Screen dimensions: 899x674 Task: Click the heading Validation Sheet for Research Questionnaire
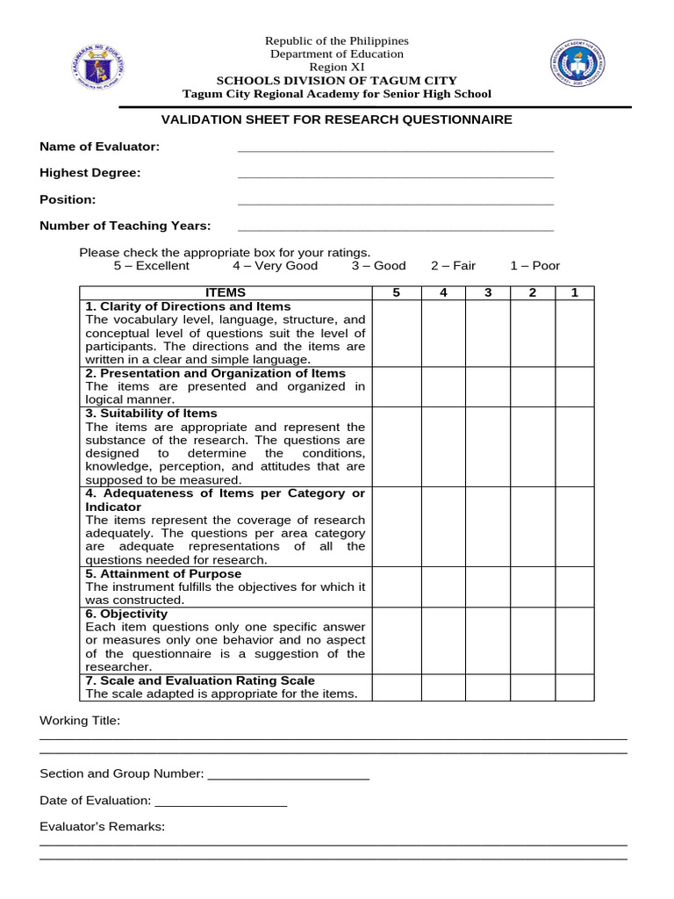pyautogui.click(x=337, y=119)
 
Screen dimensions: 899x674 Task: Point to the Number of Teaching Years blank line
pyautogui.click(x=395, y=228)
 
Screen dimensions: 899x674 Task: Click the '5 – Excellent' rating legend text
pyautogui.click(x=151, y=266)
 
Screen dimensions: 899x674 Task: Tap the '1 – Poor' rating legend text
pyautogui.click(x=534, y=266)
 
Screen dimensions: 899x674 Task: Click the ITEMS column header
pyautogui.click(x=226, y=292)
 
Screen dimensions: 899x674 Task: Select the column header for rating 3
pyautogui.click(x=488, y=292)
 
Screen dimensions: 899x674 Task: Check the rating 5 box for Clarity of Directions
pyautogui.click(x=396, y=333)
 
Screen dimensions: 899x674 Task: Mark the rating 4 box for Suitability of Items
pyautogui.click(x=443, y=446)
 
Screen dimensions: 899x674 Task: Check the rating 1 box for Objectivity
pyautogui.click(x=575, y=640)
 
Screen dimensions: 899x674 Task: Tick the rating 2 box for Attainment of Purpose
pyautogui.click(x=532, y=586)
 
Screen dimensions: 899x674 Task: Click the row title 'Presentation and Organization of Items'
pyautogui.click(x=216, y=373)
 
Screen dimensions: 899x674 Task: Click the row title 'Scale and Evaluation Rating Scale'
pyautogui.click(x=201, y=680)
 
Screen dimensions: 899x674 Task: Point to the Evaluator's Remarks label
pyautogui.click(x=102, y=827)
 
